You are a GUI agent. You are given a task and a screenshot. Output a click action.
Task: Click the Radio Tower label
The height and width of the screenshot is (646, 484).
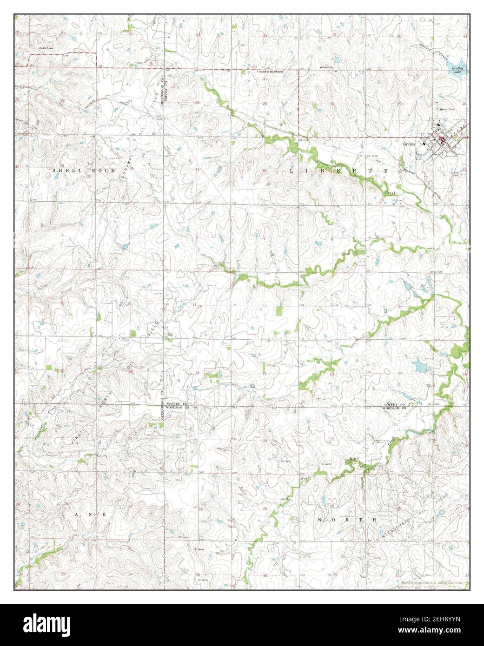click(x=46, y=48)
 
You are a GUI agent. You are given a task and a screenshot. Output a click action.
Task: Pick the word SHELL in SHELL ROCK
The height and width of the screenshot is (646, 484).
click(x=61, y=171)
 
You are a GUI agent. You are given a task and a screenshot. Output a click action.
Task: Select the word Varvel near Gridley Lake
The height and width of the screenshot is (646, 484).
click(x=425, y=46)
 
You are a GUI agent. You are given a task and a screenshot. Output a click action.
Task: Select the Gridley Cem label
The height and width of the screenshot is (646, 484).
click(x=454, y=174)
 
